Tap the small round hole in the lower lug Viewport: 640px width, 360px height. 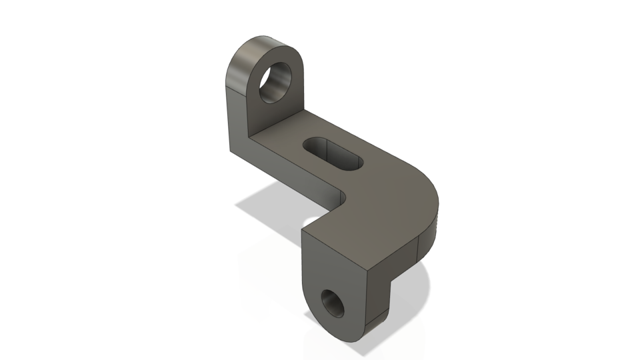tap(331, 304)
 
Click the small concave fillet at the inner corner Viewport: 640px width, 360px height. tap(342, 197)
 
